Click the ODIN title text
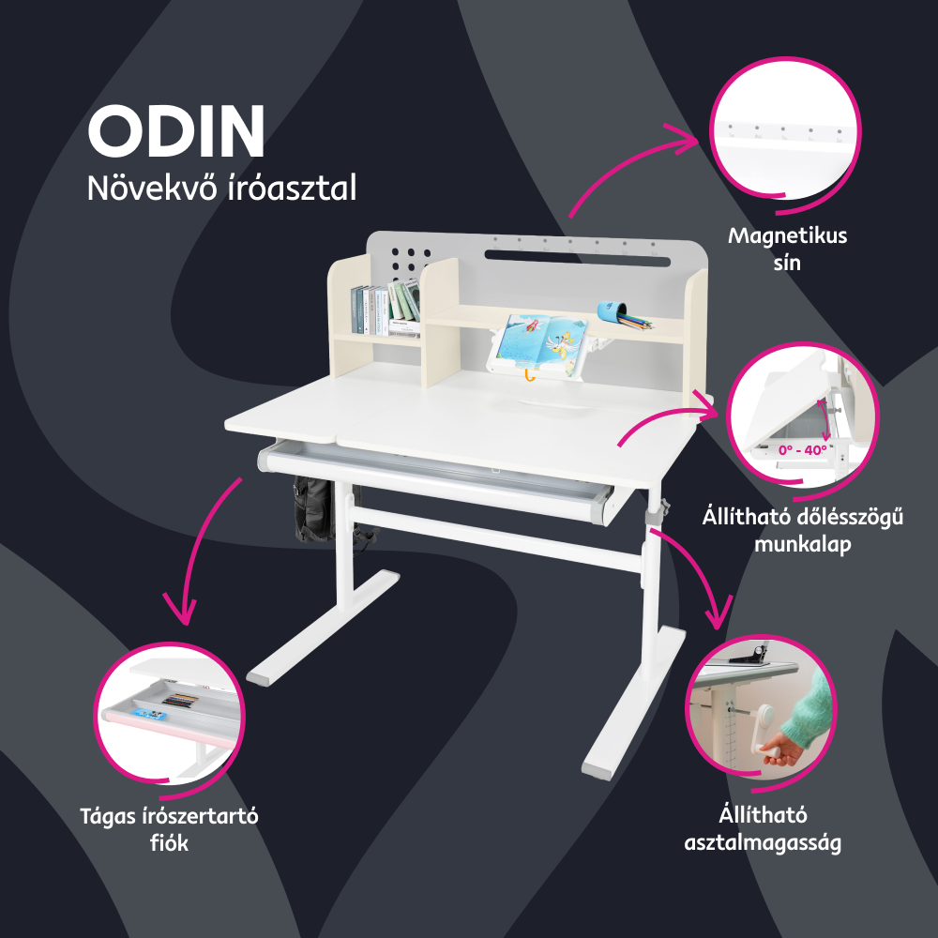176,131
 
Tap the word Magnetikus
787,235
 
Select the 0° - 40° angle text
802,450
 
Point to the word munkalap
803,544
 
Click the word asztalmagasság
763,843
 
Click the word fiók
169,843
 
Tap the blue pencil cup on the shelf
612,311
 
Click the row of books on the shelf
386,308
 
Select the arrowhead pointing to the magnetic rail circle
687,139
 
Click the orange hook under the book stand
528,375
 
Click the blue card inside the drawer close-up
147,714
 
